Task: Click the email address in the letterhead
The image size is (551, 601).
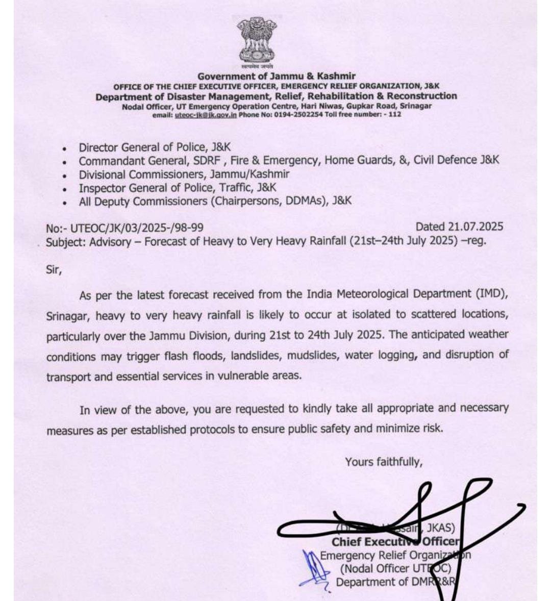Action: click(206, 115)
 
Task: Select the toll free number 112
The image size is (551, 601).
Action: click(394, 115)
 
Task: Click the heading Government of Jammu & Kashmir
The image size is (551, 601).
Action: click(277, 76)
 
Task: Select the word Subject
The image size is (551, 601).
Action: click(65, 242)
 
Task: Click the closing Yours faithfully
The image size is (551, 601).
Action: click(384, 462)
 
